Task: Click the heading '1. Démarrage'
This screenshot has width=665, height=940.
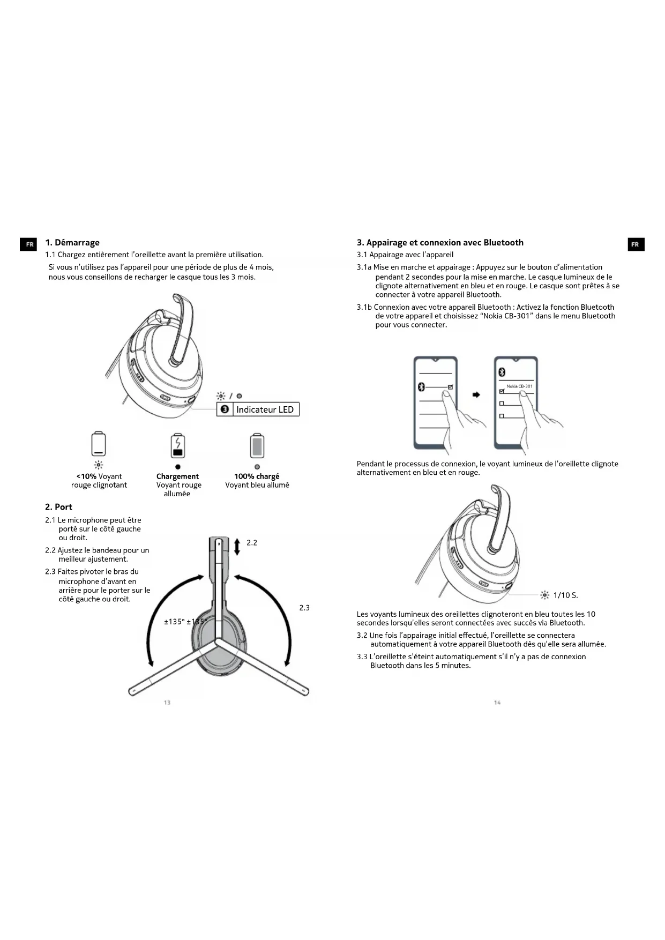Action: (x=72, y=243)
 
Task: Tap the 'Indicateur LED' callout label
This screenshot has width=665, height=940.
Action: (x=265, y=409)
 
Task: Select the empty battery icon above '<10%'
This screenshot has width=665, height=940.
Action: (x=99, y=444)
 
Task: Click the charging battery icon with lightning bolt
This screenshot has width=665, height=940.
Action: (x=178, y=445)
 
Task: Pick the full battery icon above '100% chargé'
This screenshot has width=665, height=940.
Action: (x=257, y=445)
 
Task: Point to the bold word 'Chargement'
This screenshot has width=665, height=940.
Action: (x=177, y=476)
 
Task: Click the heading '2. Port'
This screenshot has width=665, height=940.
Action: (x=58, y=507)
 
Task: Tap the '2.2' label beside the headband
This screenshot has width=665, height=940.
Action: (x=252, y=543)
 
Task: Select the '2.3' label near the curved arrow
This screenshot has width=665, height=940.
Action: (x=304, y=608)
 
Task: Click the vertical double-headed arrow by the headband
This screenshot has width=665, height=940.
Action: (x=237, y=546)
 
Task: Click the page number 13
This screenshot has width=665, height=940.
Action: (x=167, y=703)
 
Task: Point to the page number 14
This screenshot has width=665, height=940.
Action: (x=497, y=703)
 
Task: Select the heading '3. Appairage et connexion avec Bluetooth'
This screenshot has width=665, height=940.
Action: (x=440, y=243)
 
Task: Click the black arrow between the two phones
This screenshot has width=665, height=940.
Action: (x=476, y=395)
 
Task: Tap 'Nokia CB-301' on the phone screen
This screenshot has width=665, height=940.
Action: (x=519, y=386)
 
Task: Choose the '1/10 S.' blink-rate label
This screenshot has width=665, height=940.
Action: (x=565, y=595)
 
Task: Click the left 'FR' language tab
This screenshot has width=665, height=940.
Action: (x=29, y=244)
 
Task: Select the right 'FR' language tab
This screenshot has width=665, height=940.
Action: (x=636, y=244)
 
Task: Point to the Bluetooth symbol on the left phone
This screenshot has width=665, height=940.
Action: (x=421, y=387)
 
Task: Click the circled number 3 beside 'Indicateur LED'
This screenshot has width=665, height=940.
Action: (x=225, y=409)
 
